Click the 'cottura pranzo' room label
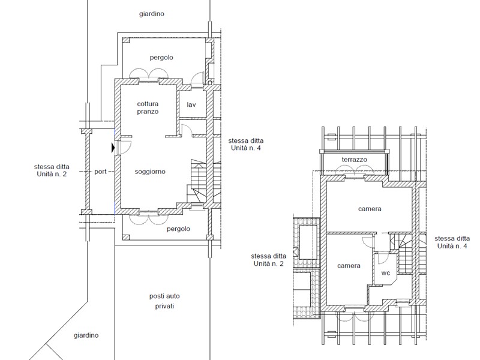click(x=148, y=108)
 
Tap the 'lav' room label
click(x=191, y=104)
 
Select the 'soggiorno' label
click(x=150, y=172)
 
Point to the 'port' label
click(x=100, y=172)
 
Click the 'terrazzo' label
click(x=354, y=160)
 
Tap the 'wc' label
click(x=385, y=272)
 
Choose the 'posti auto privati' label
click(x=164, y=301)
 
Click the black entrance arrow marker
click(x=113, y=148)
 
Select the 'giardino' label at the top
click(x=152, y=14)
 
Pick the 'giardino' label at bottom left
click(x=86, y=335)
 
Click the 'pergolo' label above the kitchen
click(x=161, y=58)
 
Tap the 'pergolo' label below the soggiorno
click(x=178, y=229)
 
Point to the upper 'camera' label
click(x=370, y=209)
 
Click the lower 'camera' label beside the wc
click(x=349, y=266)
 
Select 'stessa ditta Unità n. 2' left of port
click(x=52, y=170)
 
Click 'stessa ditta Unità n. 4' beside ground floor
click(x=246, y=144)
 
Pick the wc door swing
click(x=382, y=258)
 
